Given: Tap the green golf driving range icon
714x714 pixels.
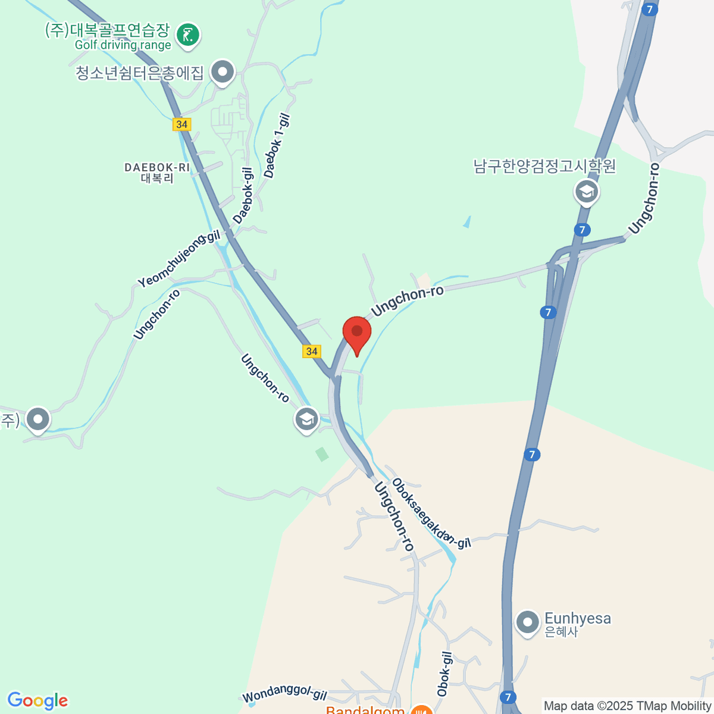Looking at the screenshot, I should click(x=188, y=34).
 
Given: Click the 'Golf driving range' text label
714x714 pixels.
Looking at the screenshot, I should click(x=123, y=45).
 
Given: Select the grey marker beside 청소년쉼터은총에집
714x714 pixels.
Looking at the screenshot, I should click(x=223, y=73).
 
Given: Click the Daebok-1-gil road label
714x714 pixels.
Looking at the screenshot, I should click(x=277, y=146).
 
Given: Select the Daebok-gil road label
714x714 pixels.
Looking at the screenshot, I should click(x=243, y=196).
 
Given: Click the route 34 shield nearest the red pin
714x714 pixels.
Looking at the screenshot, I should click(x=312, y=351).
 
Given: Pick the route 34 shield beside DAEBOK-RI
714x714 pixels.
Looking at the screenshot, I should click(x=182, y=124).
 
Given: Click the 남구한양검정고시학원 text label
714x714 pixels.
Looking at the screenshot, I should click(x=544, y=166).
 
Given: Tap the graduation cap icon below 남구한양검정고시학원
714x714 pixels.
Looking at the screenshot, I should click(x=587, y=192).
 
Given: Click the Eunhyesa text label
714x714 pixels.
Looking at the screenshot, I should click(x=577, y=619).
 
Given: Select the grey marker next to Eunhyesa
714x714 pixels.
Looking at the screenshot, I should click(x=527, y=623).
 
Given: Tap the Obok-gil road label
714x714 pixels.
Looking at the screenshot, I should click(x=444, y=674).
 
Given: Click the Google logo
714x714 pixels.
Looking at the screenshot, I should click(x=37, y=701).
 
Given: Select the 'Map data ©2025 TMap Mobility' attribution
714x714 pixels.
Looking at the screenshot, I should click(x=628, y=706).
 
